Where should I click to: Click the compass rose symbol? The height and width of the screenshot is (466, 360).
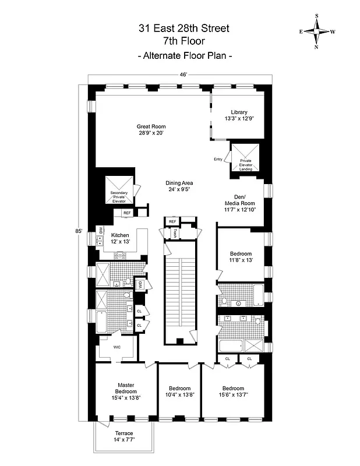317,31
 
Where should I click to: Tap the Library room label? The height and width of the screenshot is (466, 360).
239,112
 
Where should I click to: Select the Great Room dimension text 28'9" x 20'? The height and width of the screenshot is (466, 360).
151,133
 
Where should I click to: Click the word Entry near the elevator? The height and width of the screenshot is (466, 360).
218,159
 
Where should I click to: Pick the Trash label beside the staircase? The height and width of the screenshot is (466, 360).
175,233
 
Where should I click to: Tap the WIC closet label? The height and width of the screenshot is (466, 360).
117,347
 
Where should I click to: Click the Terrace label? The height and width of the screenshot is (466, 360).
123,433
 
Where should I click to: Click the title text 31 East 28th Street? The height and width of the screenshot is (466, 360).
184,28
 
